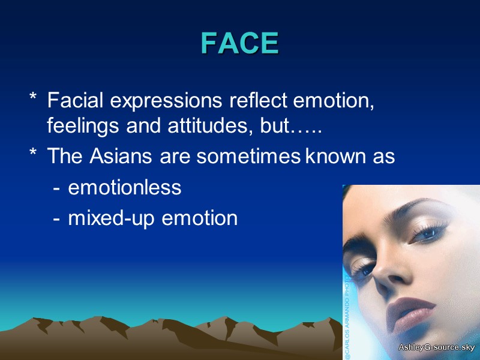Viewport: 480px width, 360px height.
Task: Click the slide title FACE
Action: pyautogui.click(x=240, y=43)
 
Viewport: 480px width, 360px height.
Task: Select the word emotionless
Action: pyautogui.click(x=124, y=187)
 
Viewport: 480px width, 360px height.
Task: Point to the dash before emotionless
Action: pyautogui.click(x=56, y=188)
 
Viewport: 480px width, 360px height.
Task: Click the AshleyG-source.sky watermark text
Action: pyautogui.click(x=436, y=348)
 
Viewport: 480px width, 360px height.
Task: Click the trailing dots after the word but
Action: pyautogui.click(x=308, y=128)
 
